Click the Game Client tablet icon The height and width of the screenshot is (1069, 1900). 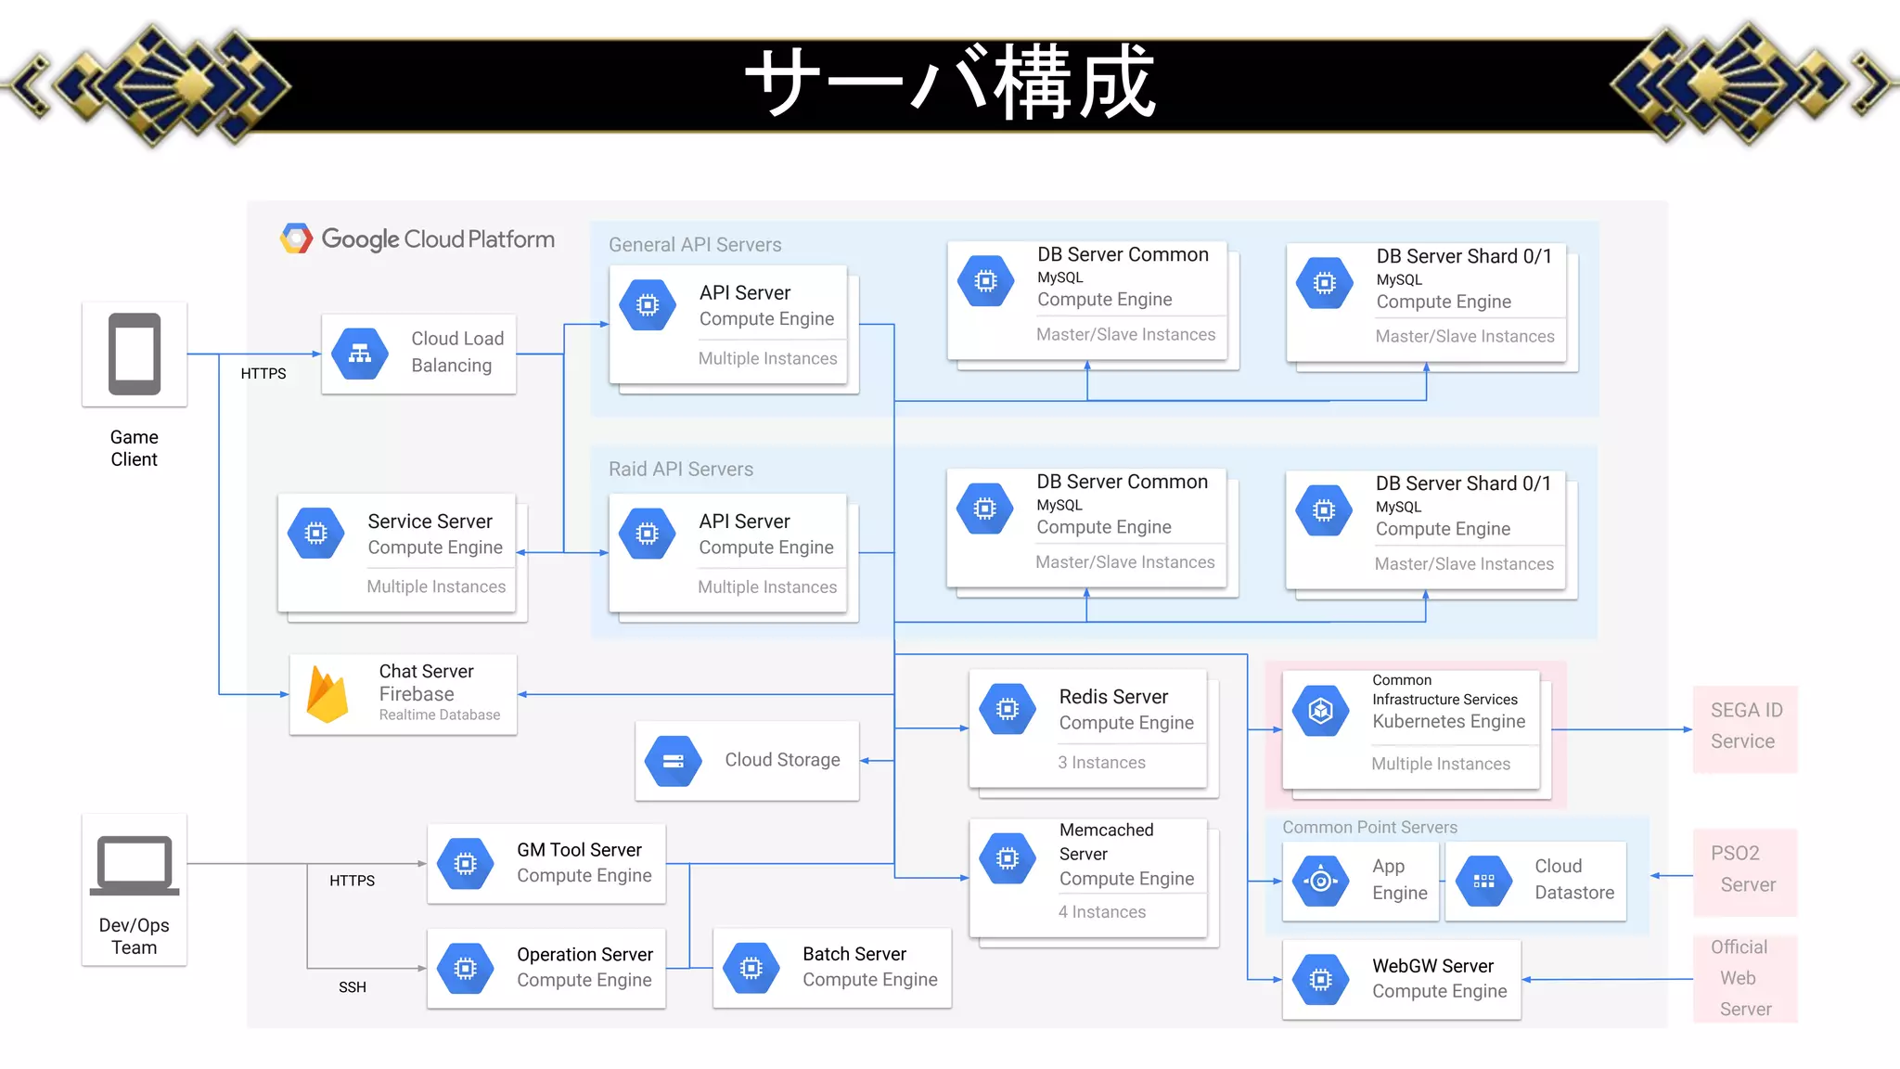[135, 354]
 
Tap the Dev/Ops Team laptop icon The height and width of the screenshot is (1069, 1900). [135, 865]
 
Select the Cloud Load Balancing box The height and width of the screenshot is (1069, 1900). [418, 354]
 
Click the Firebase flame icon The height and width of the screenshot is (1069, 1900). [327, 694]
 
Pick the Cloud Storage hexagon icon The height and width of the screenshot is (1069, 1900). [674, 761]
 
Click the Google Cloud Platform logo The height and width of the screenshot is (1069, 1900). [297, 238]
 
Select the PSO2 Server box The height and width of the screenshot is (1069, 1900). [1745, 870]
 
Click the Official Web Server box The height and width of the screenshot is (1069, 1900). [1745, 978]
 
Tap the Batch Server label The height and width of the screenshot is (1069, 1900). [854, 954]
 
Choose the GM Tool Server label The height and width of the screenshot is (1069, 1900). [579, 850]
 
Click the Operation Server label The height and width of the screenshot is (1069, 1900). [584, 955]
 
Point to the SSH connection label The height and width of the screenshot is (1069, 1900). [353, 987]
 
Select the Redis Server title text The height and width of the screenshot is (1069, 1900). [1113, 697]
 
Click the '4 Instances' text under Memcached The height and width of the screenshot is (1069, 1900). [1102, 912]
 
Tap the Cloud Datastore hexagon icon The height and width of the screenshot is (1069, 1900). [1484, 881]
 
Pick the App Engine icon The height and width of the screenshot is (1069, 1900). [1321, 881]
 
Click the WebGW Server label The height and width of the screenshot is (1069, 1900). [1432, 966]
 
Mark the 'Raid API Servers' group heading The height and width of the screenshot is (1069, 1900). [681, 470]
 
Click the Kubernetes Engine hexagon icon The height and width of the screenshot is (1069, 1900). [1321, 711]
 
